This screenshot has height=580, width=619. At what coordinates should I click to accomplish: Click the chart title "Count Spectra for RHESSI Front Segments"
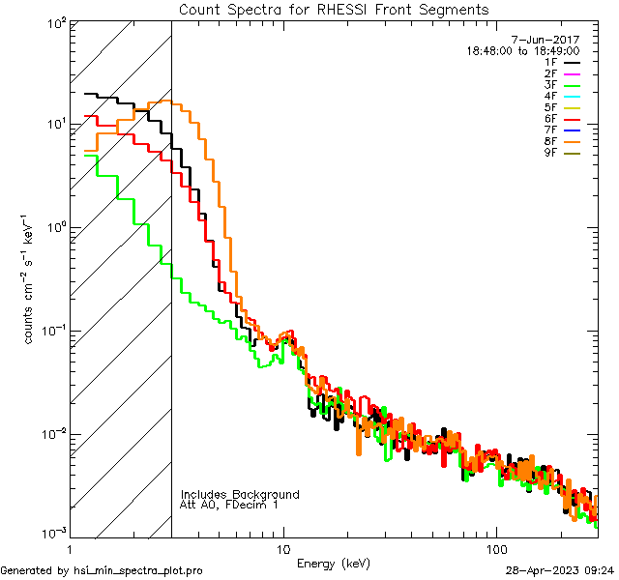(x=334, y=10)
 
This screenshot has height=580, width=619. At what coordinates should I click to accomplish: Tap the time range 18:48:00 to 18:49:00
(x=523, y=50)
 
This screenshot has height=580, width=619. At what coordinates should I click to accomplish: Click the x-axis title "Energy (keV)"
(x=333, y=564)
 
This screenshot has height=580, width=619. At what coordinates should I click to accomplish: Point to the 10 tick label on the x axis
(x=282, y=548)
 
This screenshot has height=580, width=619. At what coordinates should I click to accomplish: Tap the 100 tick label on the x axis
(x=495, y=548)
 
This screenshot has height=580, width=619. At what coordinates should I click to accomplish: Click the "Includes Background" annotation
(x=240, y=495)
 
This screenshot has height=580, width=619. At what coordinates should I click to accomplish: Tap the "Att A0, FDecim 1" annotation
(x=229, y=506)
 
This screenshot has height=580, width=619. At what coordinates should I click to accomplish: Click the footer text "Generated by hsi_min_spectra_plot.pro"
(x=102, y=571)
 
